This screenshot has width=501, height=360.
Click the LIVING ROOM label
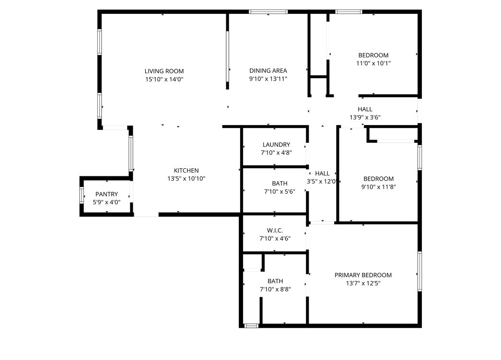click(164, 71)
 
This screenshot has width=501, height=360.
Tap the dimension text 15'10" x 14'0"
click(164, 79)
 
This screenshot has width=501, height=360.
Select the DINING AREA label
click(268, 70)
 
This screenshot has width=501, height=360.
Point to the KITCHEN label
click(186, 171)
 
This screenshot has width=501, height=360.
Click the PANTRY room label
click(107, 194)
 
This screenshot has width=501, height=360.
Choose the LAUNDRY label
click(276, 145)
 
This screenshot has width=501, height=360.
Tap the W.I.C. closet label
click(275, 230)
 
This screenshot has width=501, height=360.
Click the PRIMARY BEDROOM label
click(363, 275)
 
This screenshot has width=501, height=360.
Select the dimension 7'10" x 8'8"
click(275, 290)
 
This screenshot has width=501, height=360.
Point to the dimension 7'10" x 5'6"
click(280, 192)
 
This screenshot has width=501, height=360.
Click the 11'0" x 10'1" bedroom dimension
click(373, 63)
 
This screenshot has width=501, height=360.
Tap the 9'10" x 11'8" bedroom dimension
click(379, 187)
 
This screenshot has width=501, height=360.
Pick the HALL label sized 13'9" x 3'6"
click(365, 109)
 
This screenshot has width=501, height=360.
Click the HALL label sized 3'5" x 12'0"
click(322, 174)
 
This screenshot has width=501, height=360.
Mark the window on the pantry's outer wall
click(82, 196)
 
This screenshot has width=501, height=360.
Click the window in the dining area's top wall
click(268, 12)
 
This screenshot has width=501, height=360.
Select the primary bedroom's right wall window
click(419, 271)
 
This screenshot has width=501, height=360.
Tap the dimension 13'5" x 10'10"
click(186, 179)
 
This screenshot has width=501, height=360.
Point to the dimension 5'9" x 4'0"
click(107, 202)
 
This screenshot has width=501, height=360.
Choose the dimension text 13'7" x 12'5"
click(363, 283)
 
